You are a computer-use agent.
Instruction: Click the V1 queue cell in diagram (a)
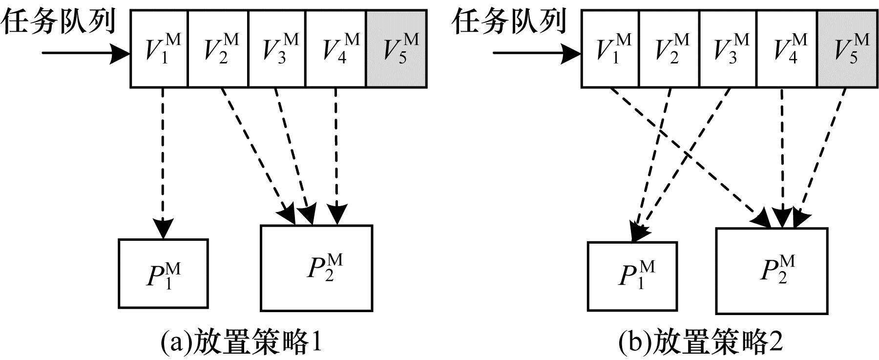coord(159,49)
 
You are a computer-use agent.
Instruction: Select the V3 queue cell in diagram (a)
coord(277,49)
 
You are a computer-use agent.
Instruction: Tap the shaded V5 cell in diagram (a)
coord(397,49)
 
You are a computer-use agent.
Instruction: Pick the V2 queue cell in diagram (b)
coord(669,49)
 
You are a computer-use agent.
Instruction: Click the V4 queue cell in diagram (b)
coord(787,49)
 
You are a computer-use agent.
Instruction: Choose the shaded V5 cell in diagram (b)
coord(847,49)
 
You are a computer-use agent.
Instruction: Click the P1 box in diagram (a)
coord(164,274)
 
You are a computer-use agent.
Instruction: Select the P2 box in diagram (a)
coord(316,268)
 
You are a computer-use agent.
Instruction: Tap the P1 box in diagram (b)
coord(632,276)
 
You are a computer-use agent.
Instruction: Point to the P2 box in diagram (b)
coord(772,271)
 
